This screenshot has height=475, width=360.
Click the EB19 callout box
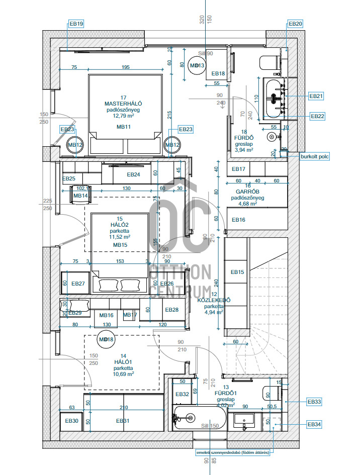click(76, 24)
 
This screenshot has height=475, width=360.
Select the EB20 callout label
click(295, 24)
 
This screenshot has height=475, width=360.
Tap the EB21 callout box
click(316, 96)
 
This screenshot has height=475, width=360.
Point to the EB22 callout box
click(317, 116)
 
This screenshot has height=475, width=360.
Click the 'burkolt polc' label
click(315, 157)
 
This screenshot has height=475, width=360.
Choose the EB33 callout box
click(314, 402)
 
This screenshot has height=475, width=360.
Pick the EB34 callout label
click(314, 425)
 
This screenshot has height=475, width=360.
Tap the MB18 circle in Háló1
click(107, 340)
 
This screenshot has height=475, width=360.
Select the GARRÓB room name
click(247, 192)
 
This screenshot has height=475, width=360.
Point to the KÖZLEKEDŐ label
click(214, 300)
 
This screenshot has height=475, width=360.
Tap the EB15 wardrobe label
click(237, 272)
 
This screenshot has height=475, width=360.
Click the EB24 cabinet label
click(133, 175)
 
